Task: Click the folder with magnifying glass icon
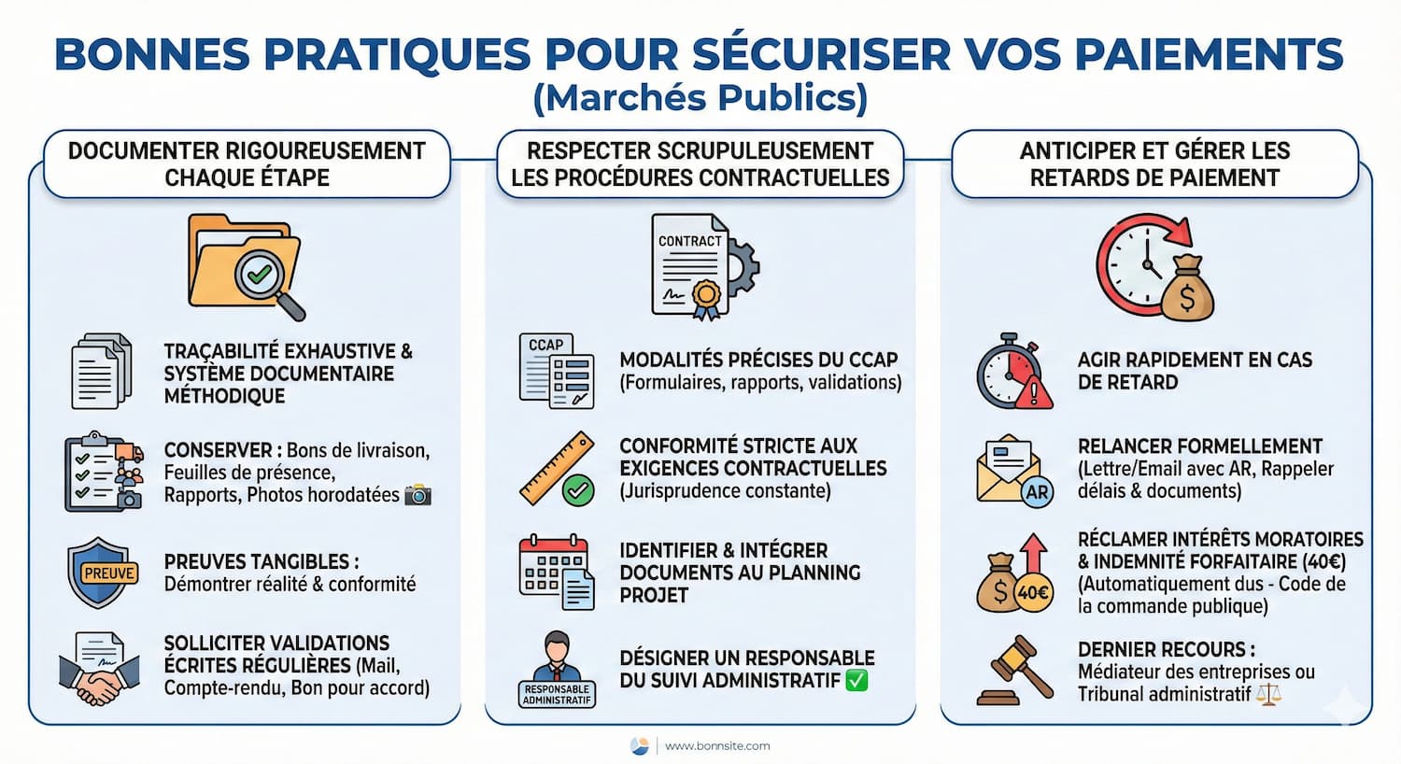coord(247,266)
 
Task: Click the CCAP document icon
coord(557,371)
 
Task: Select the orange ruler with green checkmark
coord(558,470)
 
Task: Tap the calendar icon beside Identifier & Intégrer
coord(557,572)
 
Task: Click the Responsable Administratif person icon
coord(557,669)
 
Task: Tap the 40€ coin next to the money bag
coord(1033,592)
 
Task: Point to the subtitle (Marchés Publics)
coord(700,98)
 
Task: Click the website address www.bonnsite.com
coord(717,745)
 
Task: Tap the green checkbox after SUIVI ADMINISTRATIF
coord(856,680)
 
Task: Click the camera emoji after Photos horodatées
coord(417,495)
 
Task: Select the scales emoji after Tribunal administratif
coord(1268,694)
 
